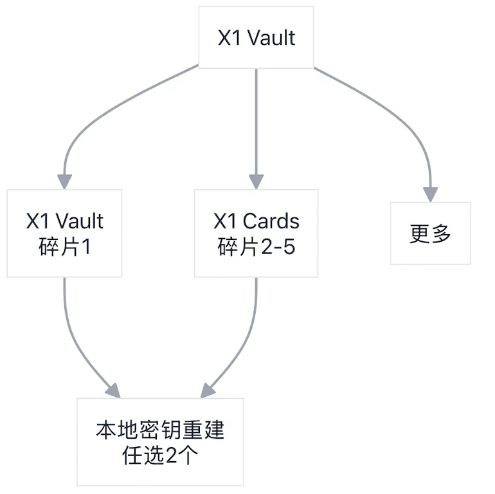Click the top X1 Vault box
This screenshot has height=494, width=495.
[256, 37]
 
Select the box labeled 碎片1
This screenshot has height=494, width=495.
[64, 233]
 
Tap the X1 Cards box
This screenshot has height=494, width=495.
[256, 233]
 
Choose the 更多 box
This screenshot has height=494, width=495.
[430, 233]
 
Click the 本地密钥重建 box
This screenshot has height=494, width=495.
[160, 441]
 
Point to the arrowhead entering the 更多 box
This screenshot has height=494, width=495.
[430, 194]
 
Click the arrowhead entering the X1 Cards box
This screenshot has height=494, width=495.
[256, 182]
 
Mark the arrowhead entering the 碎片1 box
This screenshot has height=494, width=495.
[64, 182]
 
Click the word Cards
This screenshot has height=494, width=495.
[271, 221]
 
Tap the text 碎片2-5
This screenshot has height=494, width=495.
[256, 247]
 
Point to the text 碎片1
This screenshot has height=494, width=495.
[64, 247]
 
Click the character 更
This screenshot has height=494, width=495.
[419, 233]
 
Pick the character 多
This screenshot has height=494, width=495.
[441, 233]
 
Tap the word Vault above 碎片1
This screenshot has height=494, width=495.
[78, 221]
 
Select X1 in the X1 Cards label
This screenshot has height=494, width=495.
[225, 221]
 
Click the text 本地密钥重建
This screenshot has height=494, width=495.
[160, 429]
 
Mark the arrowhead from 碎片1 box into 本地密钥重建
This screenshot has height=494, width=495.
[113, 390]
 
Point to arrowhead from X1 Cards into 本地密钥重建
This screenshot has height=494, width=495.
[207, 390]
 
